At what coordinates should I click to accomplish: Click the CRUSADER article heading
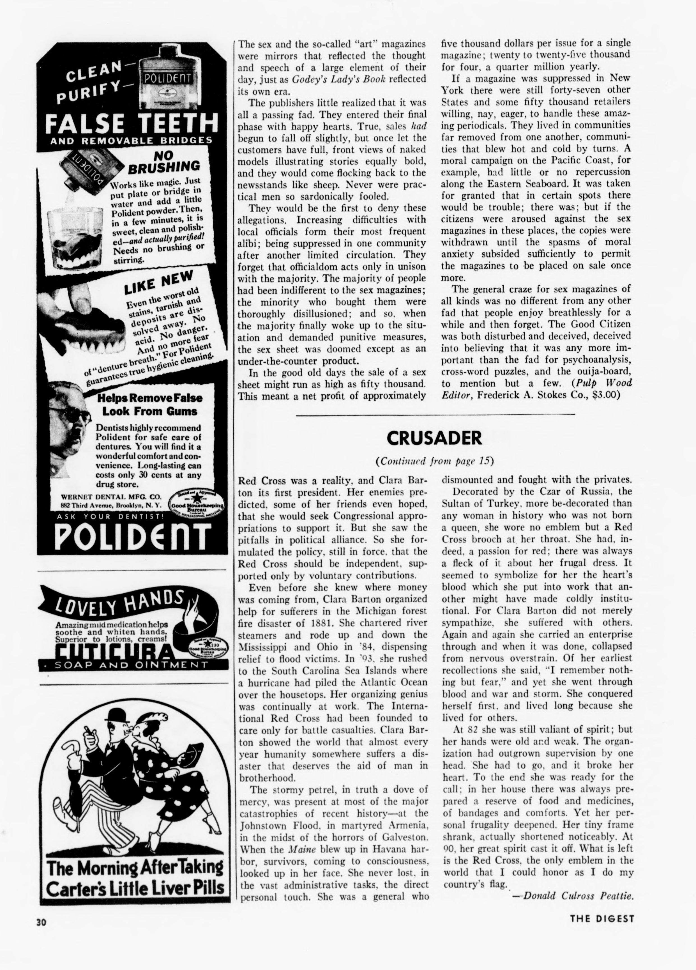pos(434,438)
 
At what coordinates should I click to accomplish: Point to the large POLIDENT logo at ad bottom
pos(133,535)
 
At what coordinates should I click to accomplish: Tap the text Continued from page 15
pos(434,461)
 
